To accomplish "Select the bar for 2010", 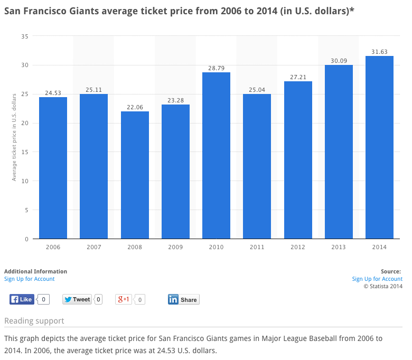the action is coord(216,155).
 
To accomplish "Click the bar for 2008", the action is coord(135,175).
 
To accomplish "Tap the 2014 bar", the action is coord(379,147).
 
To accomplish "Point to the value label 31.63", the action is coord(379,52).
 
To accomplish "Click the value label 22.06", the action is coord(135,107).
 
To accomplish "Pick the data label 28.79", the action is coord(216,68).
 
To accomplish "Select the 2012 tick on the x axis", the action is coord(298,247).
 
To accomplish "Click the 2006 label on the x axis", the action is coord(53,247).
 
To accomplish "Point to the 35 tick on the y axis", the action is coord(25,36).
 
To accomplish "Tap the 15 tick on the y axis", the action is coord(25,152).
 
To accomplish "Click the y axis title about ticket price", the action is coord(14,137).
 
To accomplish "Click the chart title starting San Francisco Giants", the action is coord(179,11).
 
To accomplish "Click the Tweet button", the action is coord(77,299).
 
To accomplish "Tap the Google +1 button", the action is coord(124,299).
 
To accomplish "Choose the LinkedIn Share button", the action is coord(184,299).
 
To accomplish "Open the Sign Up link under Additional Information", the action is coord(30,279).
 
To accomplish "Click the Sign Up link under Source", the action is coord(377,279).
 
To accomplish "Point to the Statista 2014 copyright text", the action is coord(383,286).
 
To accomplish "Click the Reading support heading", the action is coord(34,321).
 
